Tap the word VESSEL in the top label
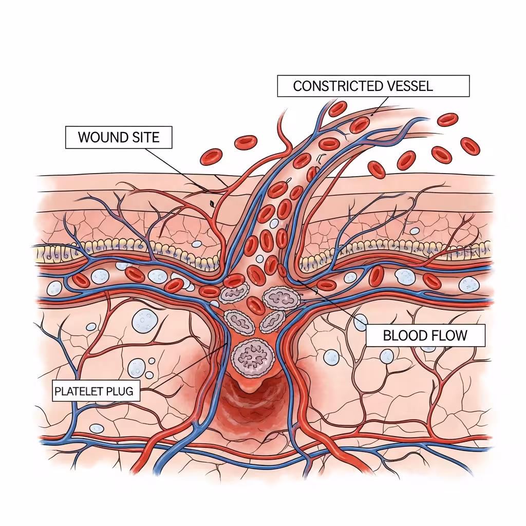click(409, 86)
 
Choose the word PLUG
click(119, 391)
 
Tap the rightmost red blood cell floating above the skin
click(469, 146)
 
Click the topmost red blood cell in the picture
click(337, 108)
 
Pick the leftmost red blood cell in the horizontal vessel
click(81, 279)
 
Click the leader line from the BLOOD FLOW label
click(329, 300)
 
